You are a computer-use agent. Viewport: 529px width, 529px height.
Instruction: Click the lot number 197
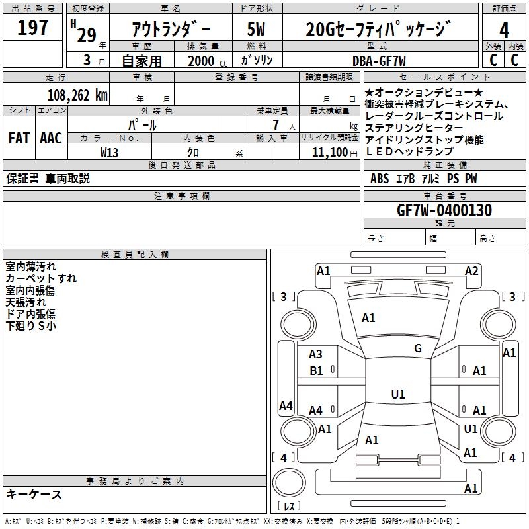tap(32, 28)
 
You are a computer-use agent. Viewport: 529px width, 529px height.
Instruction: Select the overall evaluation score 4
tap(504, 30)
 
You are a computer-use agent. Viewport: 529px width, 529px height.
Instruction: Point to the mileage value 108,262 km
tap(77, 95)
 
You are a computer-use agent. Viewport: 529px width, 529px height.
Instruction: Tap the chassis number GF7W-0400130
tap(444, 211)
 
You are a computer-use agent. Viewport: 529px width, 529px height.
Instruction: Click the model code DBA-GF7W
tap(380, 61)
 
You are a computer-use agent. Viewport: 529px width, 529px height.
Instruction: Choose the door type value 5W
tap(256, 30)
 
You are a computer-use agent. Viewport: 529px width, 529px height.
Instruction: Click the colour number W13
tap(110, 152)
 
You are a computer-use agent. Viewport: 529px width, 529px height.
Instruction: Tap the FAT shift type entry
tap(19, 138)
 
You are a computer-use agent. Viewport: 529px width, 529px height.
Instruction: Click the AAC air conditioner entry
tap(50, 138)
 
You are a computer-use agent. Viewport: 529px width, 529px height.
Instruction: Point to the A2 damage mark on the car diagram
tap(471, 271)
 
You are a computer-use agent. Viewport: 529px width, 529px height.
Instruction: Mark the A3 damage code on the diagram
tap(316, 355)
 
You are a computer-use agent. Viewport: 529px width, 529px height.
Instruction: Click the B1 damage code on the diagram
tap(316, 371)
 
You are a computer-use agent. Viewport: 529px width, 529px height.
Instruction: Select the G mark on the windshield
tap(417, 348)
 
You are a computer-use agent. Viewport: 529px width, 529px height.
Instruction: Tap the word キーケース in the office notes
tap(34, 495)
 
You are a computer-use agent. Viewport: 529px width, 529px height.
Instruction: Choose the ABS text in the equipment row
tap(380, 179)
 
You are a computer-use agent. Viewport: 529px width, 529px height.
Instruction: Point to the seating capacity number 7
tap(275, 125)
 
